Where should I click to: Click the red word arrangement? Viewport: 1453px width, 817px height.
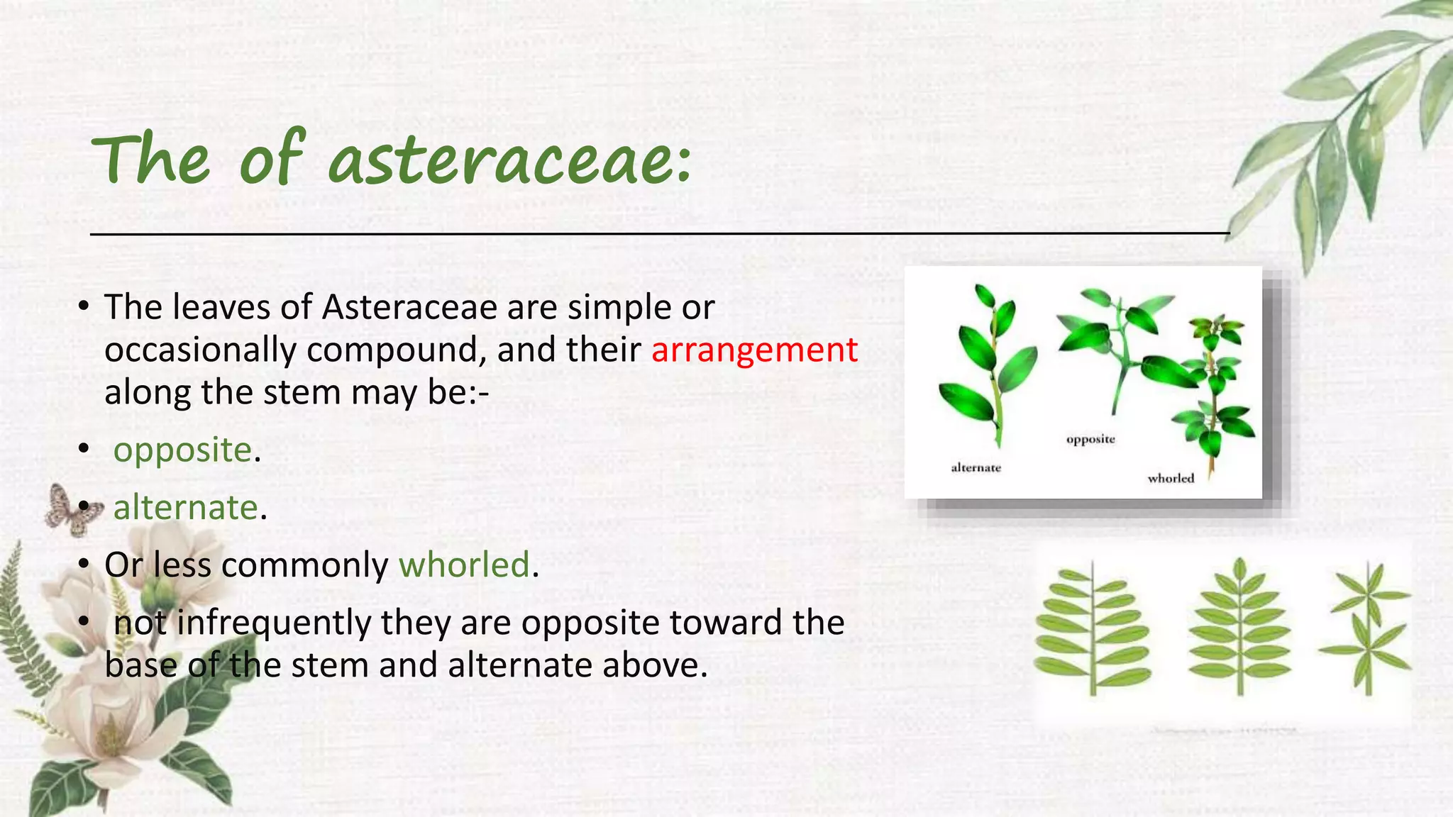[754, 350]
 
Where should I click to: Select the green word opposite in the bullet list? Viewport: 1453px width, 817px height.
[182, 450]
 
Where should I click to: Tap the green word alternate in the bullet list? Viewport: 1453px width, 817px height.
[185, 508]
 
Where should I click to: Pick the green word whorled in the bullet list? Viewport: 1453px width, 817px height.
[464, 565]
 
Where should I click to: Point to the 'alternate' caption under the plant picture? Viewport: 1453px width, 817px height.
[976, 468]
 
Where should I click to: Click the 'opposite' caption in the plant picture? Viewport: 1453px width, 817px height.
[1090, 440]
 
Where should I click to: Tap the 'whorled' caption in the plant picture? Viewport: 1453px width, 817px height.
[1171, 479]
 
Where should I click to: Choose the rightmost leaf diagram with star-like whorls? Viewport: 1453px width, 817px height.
[1366, 628]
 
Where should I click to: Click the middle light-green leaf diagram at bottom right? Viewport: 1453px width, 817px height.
[1239, 628]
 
